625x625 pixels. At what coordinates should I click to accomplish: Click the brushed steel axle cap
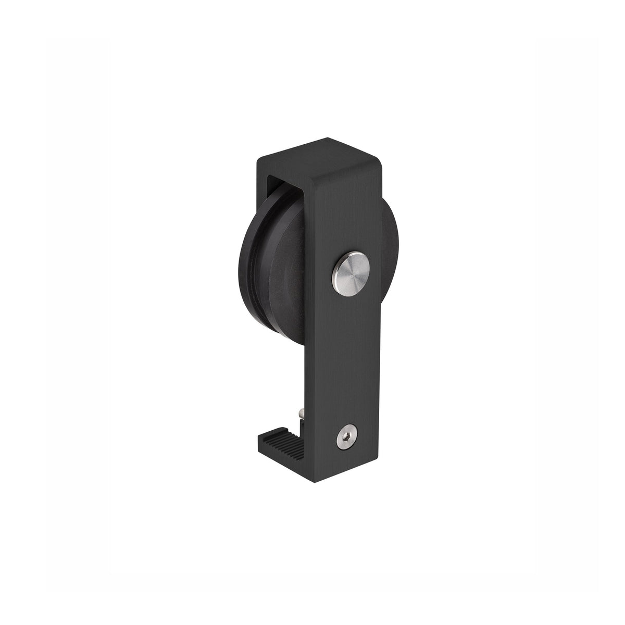coord(351,271)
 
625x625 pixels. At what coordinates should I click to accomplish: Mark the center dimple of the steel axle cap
coord(351,271)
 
